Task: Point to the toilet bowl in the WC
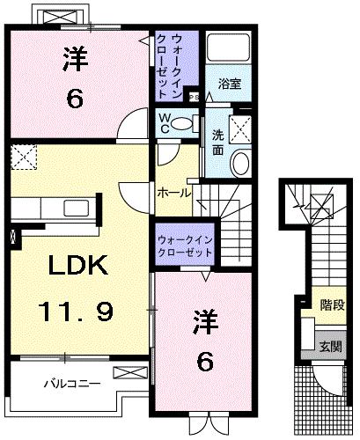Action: [182, 123]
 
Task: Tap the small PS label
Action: [194, 98]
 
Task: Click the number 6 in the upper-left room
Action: [76, 99]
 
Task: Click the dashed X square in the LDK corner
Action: [24, 159]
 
